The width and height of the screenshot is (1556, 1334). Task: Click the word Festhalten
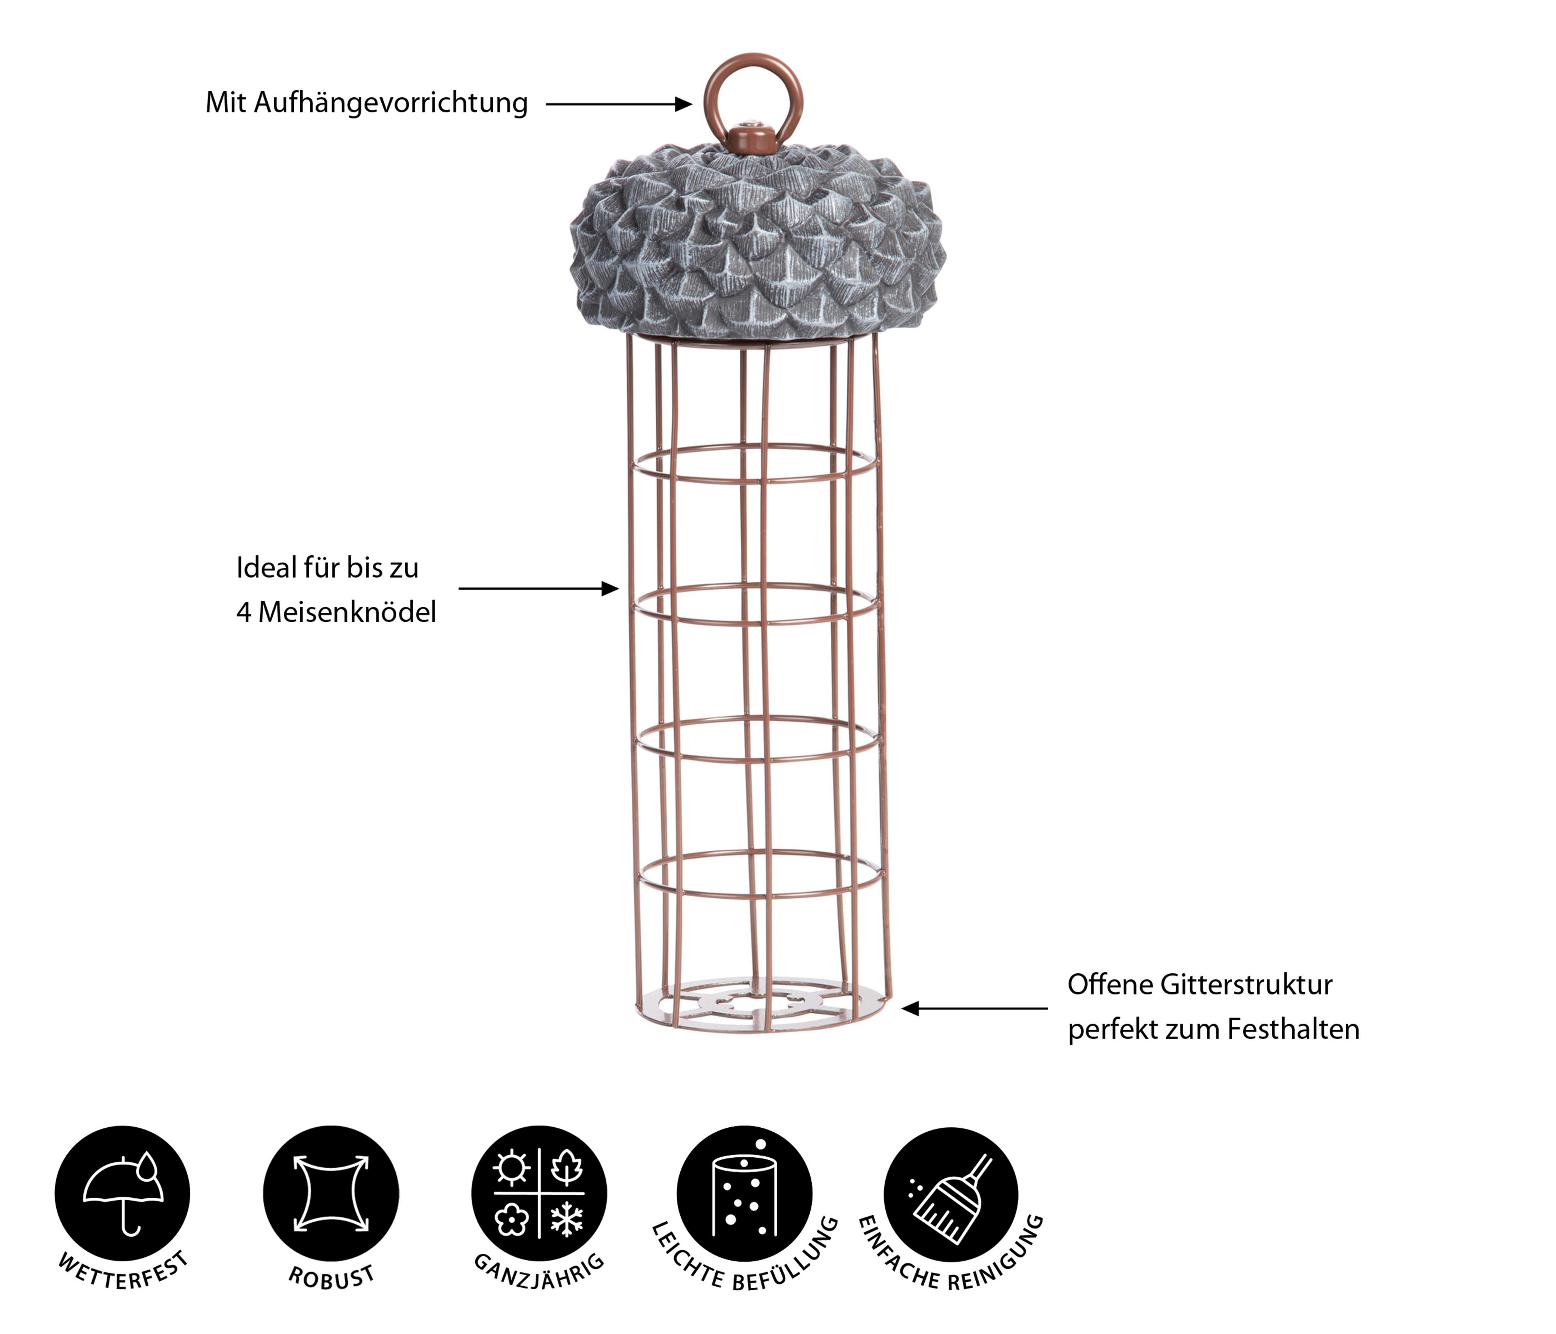(x=1293, y=1029)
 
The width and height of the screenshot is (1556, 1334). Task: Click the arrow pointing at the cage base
(x=975, y=1009)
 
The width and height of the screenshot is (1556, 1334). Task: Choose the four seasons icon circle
(x=539, y=1193)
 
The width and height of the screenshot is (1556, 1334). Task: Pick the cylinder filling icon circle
(x=744, y=1193)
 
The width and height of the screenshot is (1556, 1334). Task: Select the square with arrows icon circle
(x=331, y=1193)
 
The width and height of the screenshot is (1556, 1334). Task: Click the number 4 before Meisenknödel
(x=244, y=613)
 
